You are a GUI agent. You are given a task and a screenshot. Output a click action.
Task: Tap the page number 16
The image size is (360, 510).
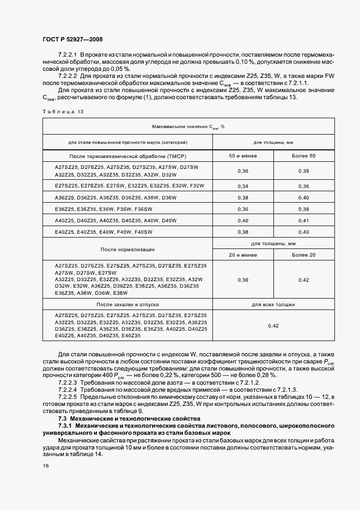tap(46, 466)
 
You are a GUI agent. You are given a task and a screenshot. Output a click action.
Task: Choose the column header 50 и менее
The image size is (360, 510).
tap(243, 156)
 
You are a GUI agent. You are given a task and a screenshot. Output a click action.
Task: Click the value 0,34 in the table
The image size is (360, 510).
tap(243, 186)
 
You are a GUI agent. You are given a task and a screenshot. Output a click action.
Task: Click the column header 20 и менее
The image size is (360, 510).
tap(243, 255)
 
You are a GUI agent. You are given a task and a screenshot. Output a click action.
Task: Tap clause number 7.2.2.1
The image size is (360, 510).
tap(68, 56)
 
